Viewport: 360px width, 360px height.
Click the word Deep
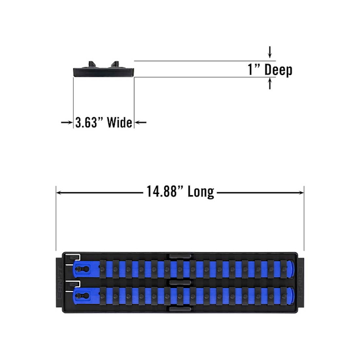click(278, 70)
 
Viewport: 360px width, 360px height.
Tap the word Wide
click(120, 123)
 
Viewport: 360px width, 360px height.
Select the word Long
click(201, 192)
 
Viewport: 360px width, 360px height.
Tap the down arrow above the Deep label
click(270, 52)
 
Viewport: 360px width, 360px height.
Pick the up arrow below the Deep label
click(270, 83)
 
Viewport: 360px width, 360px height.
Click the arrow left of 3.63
click(67, 123)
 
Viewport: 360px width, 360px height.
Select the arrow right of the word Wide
click(140, 123)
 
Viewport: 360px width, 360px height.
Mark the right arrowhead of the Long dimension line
click(301, 192)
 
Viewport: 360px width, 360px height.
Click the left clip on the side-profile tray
click(92, 64)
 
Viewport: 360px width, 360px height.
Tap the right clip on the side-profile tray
click(115, 64)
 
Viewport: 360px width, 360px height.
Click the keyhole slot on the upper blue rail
click(83, 268)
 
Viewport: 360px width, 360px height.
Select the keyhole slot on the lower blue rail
click(83, 296)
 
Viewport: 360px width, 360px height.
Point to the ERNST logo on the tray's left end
click(59, 283)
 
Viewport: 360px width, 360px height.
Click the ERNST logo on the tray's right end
click(300, 283)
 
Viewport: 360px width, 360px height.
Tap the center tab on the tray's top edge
click(180, 256)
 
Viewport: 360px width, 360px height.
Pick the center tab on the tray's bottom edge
click(180, 309)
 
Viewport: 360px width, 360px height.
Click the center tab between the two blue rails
click(180, 283)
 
